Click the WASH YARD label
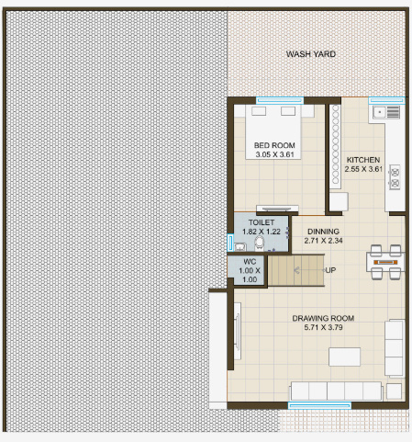click(310, 54)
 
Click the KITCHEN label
click(363, 160)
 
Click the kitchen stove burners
click(395, 176)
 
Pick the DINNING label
click(323, 232)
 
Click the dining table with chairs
click(384, 261)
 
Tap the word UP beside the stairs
click(329, 270)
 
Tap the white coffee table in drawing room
click(347, 356)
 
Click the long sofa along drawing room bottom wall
click(336, 390)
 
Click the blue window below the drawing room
click(319, 404)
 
